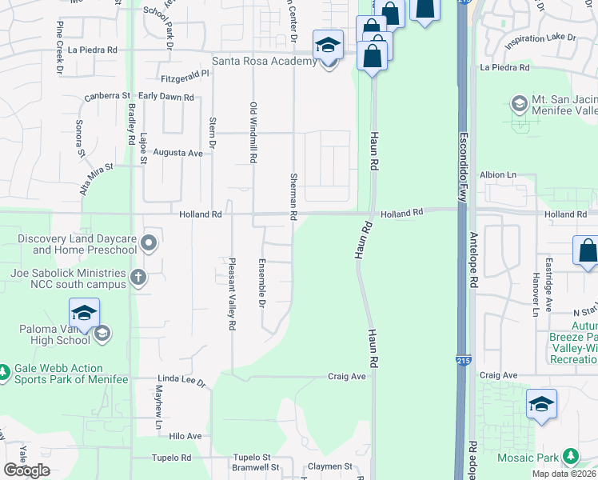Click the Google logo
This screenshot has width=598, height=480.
26,470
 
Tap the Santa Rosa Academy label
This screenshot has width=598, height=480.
264,62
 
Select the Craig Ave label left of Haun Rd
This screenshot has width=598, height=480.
347,376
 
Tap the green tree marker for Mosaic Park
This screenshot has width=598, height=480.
570,456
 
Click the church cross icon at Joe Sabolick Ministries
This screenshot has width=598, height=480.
138,278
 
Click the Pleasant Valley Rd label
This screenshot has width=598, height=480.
232,294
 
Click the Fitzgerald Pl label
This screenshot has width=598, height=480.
185,73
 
